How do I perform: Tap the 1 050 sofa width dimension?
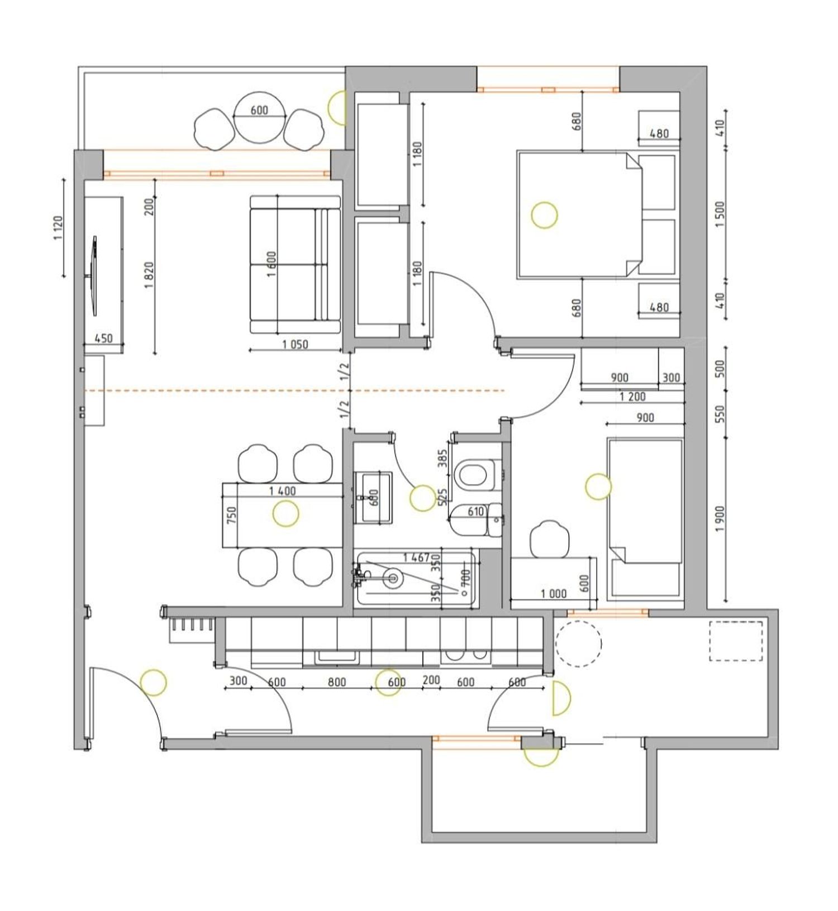(x=295, y=345)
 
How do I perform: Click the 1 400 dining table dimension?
(x=283, y=492)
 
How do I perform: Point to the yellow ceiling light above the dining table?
(x=285, y=514)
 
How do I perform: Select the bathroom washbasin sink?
(x=373, y=497)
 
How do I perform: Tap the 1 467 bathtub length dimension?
(x=416, y=557)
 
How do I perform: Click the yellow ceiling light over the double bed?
(x=544, y=215)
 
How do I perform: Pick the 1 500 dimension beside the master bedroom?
(x=720, y=214)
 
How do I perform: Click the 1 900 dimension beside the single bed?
(x=720, y=519)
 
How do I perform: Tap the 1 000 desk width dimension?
(x=554, y=594)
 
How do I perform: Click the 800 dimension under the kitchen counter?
(x=337, y=682)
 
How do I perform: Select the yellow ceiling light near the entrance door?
(x=153, y=682)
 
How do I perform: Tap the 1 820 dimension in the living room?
(x=149, y=275)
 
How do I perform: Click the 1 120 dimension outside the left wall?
(x=59, y=228)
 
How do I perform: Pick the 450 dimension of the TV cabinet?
(x=103, y=338)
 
